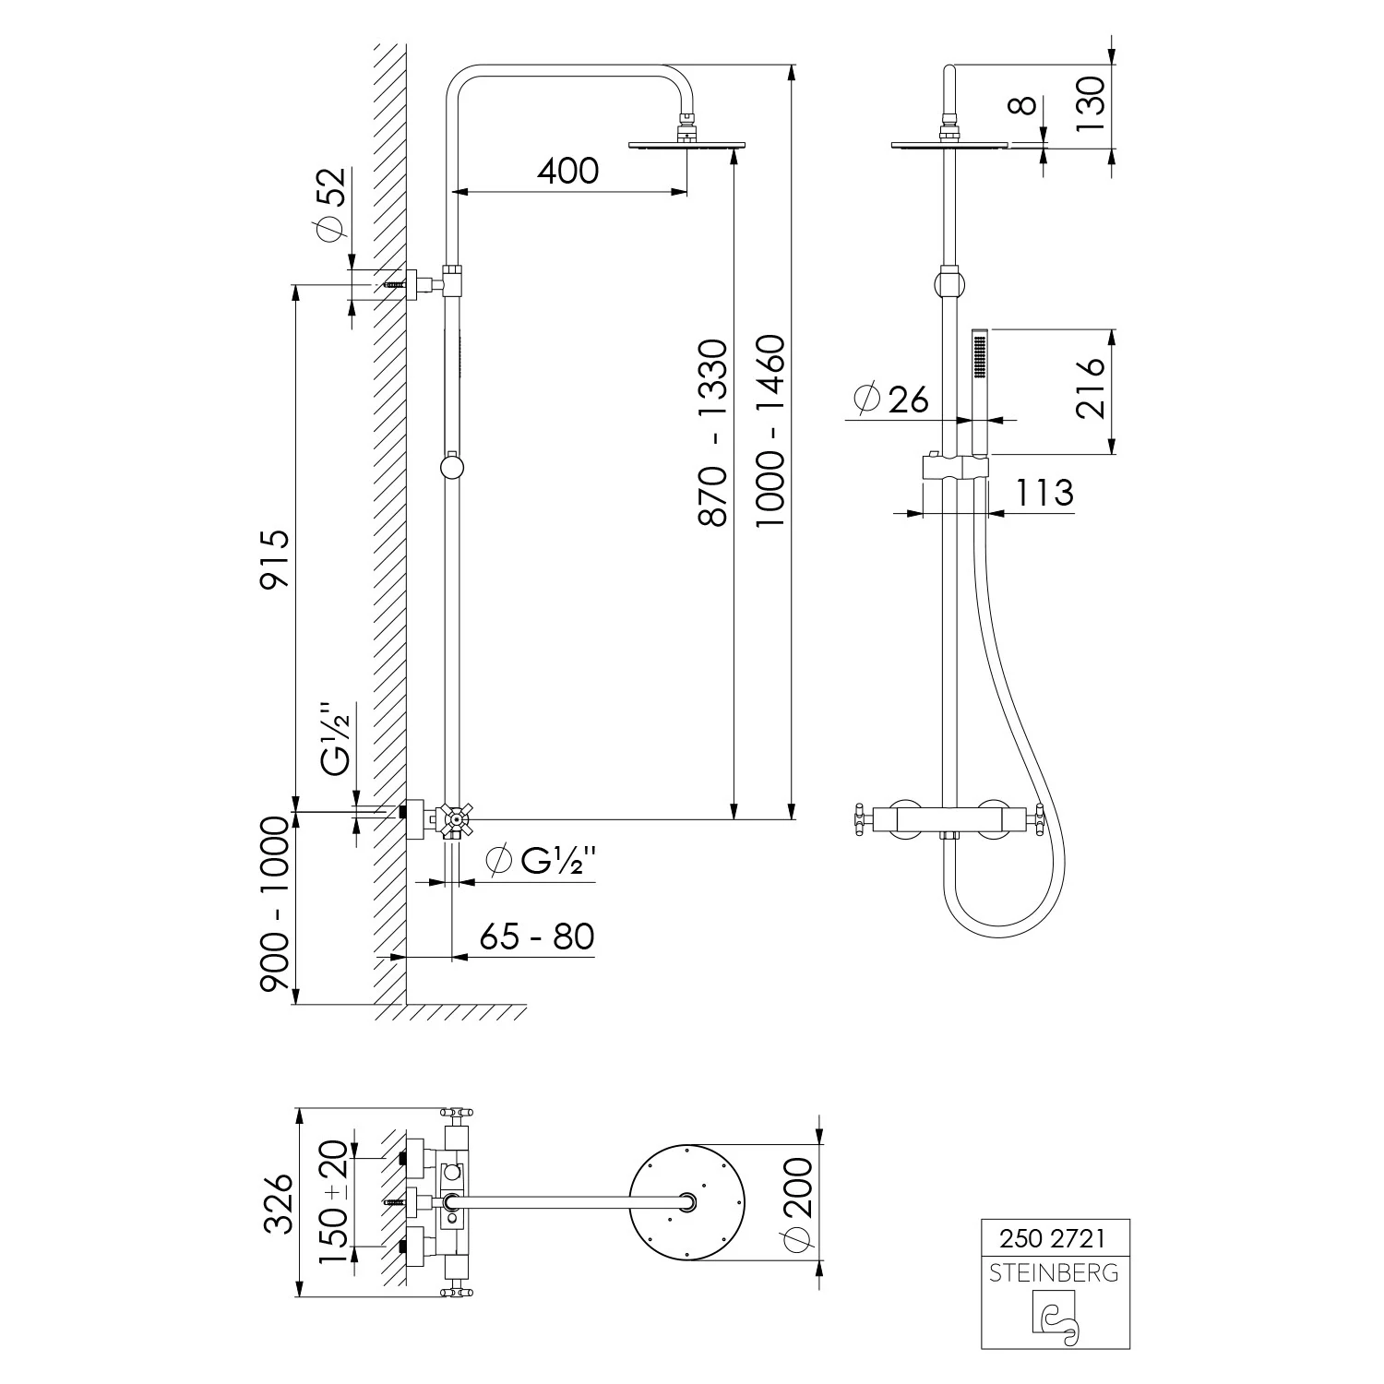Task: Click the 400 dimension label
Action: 567,170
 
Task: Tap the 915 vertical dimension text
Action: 275,558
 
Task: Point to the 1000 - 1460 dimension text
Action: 770,432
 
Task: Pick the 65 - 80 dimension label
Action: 536,937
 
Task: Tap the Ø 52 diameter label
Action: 330,205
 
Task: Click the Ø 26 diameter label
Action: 891,399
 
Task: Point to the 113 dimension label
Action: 1044,493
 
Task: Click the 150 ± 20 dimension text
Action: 333,1202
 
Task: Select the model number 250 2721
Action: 1053,1237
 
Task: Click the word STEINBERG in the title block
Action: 1054,1273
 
